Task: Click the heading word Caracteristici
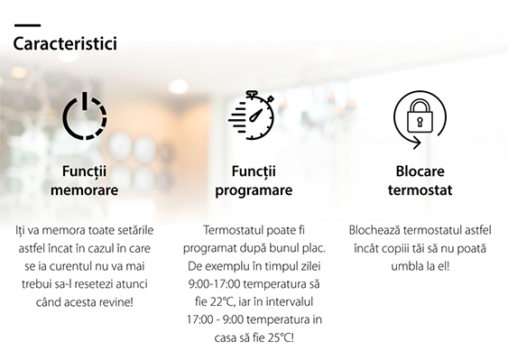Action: pyautogui.click(x=65, y=43)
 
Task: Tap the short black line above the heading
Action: pyautogui.click(x=28, y=25)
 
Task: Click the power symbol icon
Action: pyautogui.click(x=85, y=115)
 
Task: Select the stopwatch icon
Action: pyautogui.click(x=252, y=115)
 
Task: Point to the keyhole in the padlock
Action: pyautogui.click(x=420, y=122)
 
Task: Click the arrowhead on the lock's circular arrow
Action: pyautogui.click(x=417, y=143)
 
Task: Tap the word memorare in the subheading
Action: pyautogui.click(x=84, y=189)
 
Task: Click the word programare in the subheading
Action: pyautogui.click(x=254, y=190)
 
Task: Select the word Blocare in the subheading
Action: pyautogui.click(x=420, y=171)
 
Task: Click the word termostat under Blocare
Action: pyautogui.click(x=420, y=189)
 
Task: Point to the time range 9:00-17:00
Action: pyautogui.click(x=215, y=284)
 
